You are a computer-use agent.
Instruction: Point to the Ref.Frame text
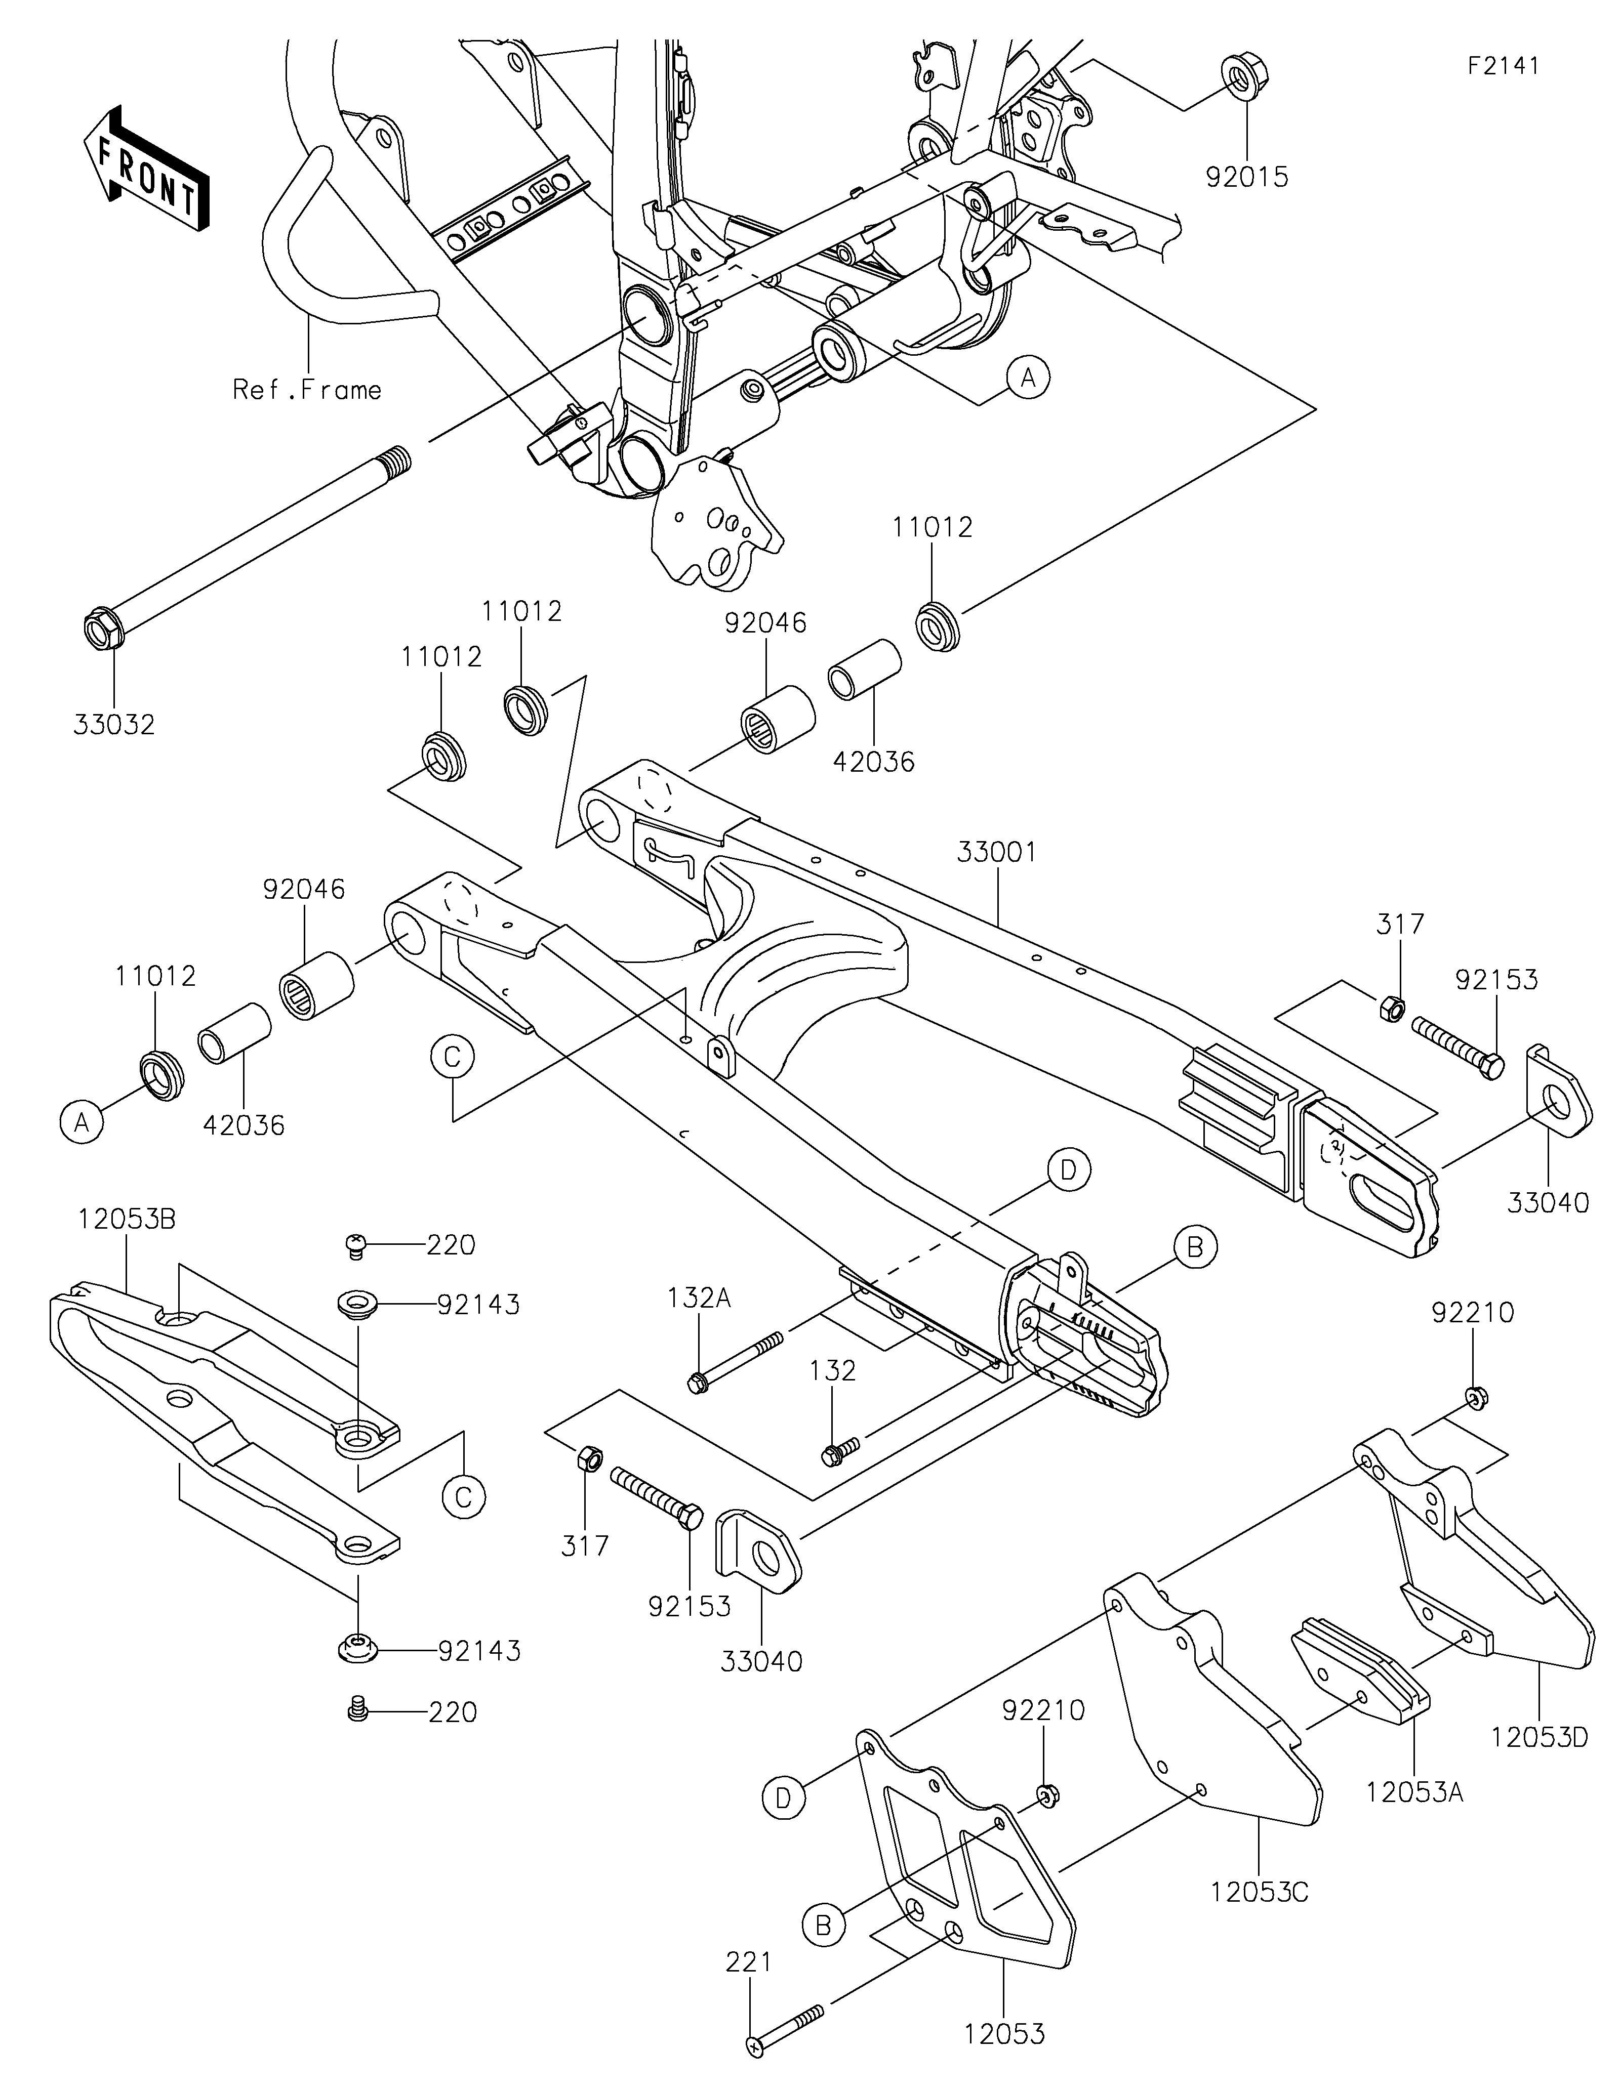(307, 389)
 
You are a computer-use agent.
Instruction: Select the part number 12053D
(1540, 1736)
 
